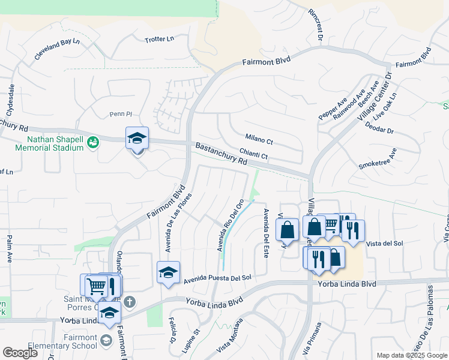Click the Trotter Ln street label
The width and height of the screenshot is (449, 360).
[159, 39]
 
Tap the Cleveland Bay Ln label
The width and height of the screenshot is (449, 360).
[57, 49]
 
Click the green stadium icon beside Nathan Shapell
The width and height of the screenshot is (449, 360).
[92, 142]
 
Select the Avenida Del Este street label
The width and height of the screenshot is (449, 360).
[265, 233]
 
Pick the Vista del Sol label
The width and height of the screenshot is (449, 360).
[384, 243]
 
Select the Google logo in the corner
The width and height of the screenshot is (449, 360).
[20, 352]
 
